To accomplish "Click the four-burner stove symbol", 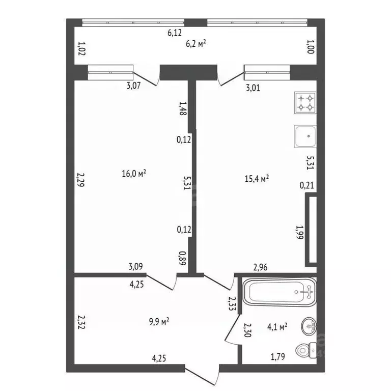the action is click(305, 103).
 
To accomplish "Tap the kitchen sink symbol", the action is click(305, 136).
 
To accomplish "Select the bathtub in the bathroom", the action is click(280, 292).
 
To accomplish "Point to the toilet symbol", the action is click(306, 350).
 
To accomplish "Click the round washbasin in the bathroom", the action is click(309, 326).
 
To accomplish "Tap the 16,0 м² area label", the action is click(134, 173).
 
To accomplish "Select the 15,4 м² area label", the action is click(257, 179).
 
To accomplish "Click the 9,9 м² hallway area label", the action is click(159, 321).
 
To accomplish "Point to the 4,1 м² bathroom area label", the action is click(277, 327).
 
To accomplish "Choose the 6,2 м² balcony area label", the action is click(196, 44).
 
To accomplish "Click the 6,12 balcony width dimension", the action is click(175, 33).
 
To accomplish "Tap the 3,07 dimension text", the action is click(134, 86).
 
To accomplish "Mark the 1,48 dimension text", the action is click(183, 108).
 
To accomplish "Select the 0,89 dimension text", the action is click(182, 258).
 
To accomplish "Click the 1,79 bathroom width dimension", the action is click(278, 357).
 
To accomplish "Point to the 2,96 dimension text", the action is click(260, 267).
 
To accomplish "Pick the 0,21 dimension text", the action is click(306, 185).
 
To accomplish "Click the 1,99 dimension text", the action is click(300, 232).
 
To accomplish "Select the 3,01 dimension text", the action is click(253, 88).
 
